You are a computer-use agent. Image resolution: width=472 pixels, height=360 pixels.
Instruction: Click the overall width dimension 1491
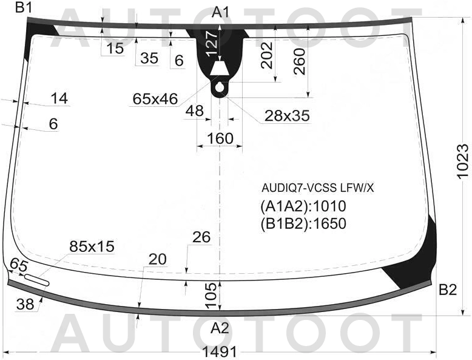220,352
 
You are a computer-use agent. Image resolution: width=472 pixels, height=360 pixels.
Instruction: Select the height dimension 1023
463,161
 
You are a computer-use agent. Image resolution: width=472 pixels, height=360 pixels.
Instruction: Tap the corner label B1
24,7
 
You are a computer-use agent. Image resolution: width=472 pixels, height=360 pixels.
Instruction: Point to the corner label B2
448,290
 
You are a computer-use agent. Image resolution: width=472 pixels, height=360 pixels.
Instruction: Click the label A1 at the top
221,12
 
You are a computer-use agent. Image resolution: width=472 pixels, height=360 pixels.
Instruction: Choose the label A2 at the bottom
220,328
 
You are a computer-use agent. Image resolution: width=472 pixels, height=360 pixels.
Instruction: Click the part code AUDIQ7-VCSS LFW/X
317,188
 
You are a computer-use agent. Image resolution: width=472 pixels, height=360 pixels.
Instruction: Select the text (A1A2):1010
303,206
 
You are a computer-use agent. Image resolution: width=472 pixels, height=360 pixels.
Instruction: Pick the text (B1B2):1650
303,223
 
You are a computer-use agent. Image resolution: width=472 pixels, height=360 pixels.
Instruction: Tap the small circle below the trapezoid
220,87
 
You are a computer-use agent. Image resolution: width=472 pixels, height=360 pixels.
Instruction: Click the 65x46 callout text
155,99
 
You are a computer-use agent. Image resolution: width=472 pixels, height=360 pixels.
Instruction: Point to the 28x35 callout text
287,115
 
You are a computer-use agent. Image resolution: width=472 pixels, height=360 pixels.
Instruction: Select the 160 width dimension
220,138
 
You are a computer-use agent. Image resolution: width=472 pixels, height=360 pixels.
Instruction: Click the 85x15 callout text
92,246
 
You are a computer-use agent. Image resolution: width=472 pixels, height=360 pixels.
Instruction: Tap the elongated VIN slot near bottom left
36,280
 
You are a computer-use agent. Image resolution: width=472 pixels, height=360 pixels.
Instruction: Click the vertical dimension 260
300,61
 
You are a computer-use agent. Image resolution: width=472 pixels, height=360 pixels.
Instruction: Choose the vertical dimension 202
267,55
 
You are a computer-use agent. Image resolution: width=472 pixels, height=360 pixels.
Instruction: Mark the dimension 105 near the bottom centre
212,295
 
